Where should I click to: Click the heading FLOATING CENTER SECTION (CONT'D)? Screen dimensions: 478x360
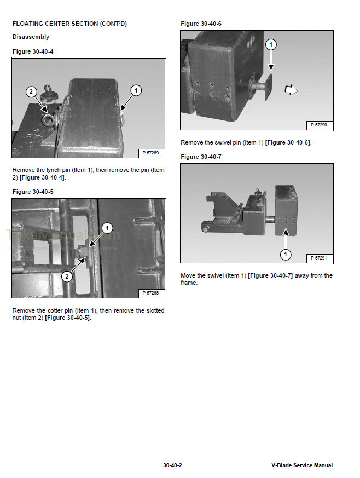(x=69, y=24)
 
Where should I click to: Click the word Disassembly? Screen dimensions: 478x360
(x=31, y=37)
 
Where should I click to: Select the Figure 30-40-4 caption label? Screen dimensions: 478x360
(x=33, y=51)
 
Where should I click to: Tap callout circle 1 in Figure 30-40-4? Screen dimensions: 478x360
(x=136, y=89)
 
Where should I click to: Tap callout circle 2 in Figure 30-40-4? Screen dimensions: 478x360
(x=32, y=91)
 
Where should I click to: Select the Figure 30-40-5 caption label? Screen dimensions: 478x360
(x=33, y=192)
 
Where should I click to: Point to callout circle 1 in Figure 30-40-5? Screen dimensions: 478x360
(x=108, y=227)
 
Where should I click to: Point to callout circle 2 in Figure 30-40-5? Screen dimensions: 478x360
(x=66, y=277)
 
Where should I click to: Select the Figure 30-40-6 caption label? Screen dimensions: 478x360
(x=201, y=24)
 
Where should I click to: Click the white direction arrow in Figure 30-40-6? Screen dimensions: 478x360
(x=291, y=89)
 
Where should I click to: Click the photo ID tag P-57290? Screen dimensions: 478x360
(x=318, y=125)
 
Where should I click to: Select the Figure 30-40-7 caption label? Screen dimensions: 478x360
(x=201, y=157)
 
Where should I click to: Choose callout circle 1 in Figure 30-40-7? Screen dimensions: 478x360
(x=285, y=254)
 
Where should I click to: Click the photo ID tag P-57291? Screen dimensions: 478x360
(x=318, y=257)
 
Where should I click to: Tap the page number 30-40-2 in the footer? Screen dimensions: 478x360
(x=172, y=465)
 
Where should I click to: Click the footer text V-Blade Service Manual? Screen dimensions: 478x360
(x=301, y=465)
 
